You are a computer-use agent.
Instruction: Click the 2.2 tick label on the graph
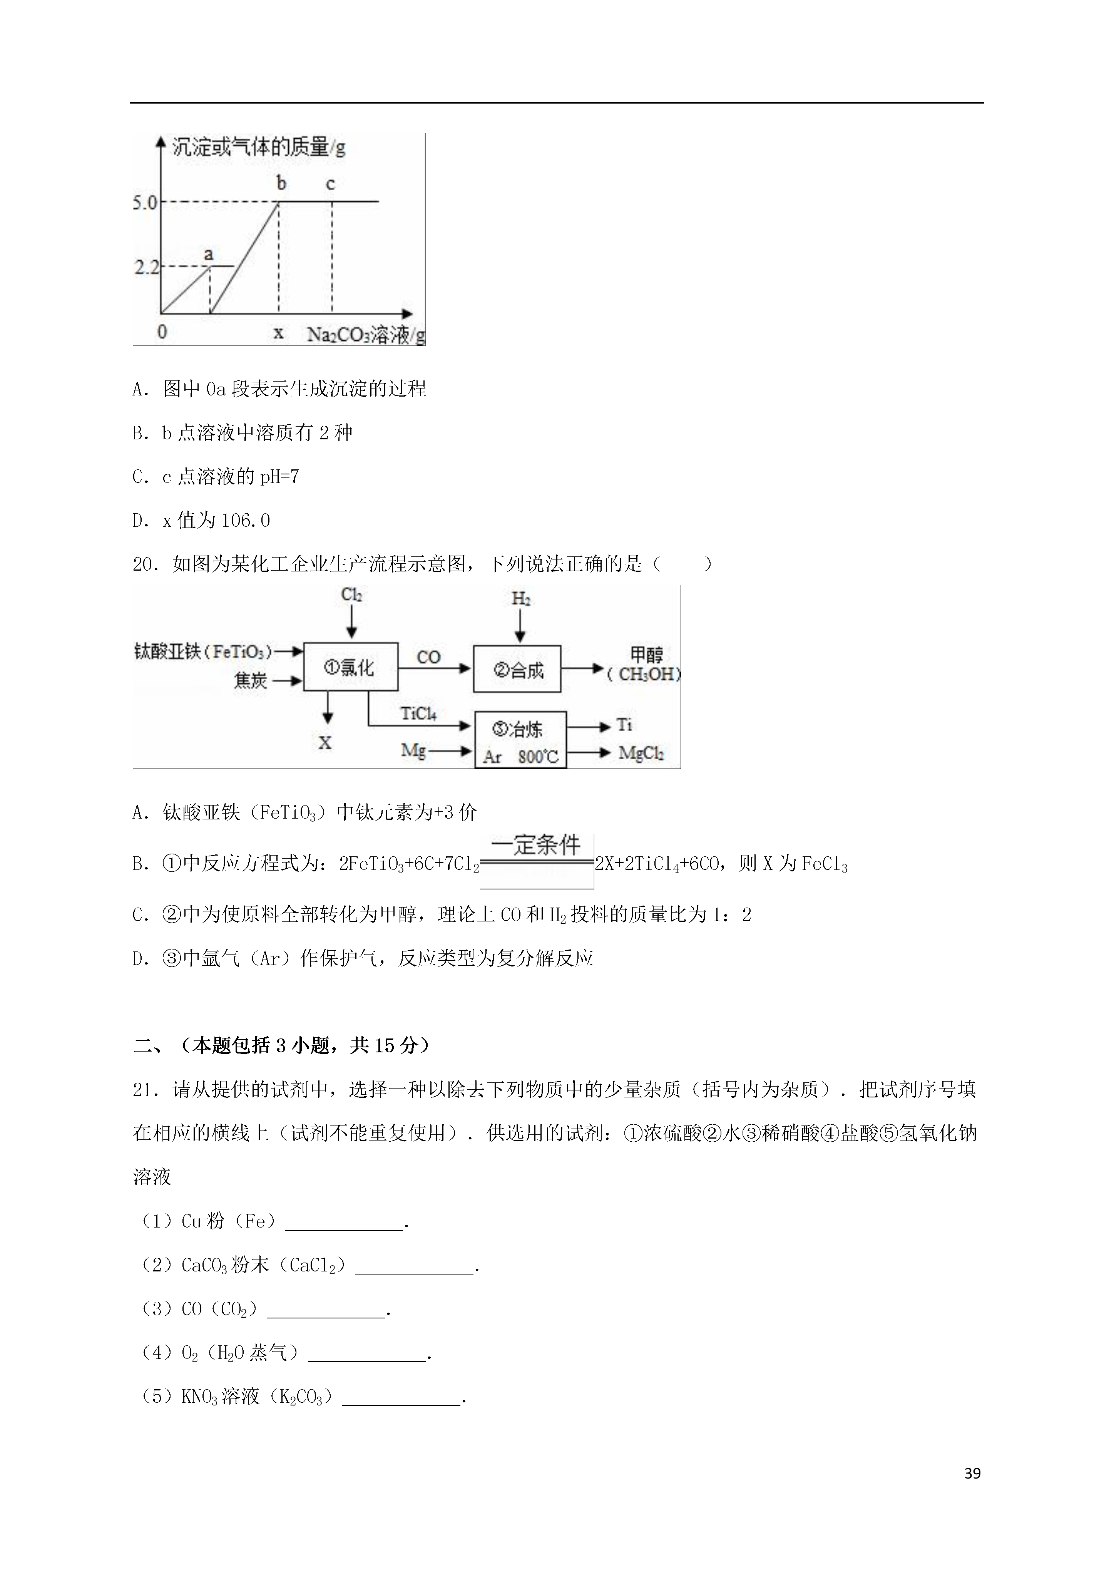coord(146,267)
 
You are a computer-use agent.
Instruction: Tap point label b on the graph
coord(281,183)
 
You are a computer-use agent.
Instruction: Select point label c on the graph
coord(330,184)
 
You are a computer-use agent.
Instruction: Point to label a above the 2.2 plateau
coord(209,255)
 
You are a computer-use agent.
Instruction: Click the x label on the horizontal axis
coord(278,333)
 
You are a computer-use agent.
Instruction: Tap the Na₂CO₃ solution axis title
coord(365,335)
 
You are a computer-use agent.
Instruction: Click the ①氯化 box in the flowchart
coord(350,667)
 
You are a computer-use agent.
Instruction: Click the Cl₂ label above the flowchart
coord(351,595)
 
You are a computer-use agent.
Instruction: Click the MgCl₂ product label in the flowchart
coord(641,754)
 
